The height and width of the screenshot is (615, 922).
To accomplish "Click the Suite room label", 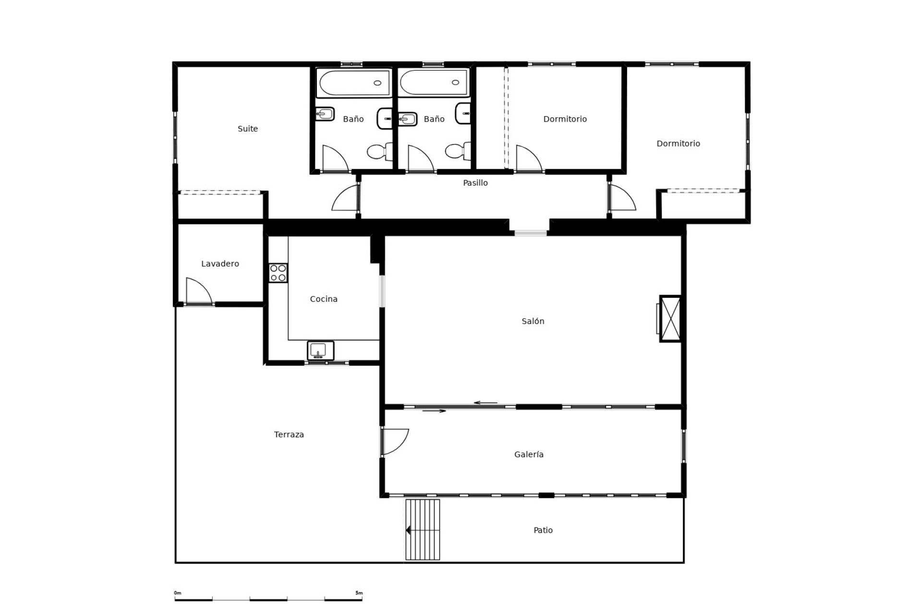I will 248,129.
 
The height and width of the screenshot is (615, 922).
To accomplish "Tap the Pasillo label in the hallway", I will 475,183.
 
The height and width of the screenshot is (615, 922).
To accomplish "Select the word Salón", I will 533,321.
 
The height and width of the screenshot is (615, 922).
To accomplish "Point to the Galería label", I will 529,455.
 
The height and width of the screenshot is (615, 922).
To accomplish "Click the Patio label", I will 543,530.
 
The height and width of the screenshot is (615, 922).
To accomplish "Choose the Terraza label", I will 289,435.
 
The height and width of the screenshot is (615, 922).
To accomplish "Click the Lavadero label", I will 220,264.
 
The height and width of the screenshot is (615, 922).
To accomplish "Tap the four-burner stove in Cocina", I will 278,273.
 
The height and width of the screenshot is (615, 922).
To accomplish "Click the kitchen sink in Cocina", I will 320,350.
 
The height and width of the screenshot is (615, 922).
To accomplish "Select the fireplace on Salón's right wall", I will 670,319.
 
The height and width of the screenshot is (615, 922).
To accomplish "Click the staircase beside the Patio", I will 423,529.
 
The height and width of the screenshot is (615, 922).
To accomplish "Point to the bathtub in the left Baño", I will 354,83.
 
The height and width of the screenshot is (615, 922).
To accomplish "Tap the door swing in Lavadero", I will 198,291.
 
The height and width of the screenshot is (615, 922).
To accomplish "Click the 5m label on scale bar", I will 359,593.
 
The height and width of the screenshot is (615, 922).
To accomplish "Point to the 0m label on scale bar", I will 177,593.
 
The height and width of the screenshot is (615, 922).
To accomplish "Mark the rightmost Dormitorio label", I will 678,144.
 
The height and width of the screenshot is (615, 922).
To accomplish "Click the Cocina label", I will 324,299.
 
